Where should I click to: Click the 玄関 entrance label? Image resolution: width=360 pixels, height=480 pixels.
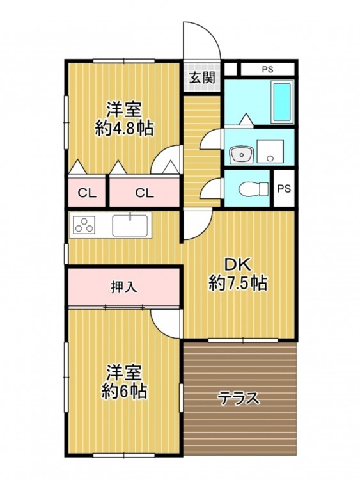(x=201, y=77)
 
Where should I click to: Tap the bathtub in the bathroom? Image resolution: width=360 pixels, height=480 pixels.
(x=282, y=102)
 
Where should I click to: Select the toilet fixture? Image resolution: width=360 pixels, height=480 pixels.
(x=253, y=189)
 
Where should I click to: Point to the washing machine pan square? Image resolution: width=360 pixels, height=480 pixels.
(x=270, y=151)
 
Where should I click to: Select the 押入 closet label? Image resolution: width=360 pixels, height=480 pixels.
(x=123, y=287)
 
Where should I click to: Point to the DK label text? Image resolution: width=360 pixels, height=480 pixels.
(x=238, y=265)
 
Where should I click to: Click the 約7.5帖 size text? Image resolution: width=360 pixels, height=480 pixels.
(x=238, y=283)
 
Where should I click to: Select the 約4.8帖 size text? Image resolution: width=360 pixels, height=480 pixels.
(x=124, y=129)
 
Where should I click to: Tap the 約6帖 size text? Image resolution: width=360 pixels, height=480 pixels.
(x=124, y=391)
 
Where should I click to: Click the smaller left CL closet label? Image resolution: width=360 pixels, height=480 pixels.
(x=87, y=193)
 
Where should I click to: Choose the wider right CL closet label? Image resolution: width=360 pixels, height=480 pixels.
(x=145, y=193)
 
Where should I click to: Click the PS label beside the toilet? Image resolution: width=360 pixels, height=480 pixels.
(x=283, y=189)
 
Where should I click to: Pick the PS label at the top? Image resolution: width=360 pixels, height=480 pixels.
(x=267, y=70)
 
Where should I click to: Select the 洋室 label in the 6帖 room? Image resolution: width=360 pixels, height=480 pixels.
(x=123, y=372)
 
